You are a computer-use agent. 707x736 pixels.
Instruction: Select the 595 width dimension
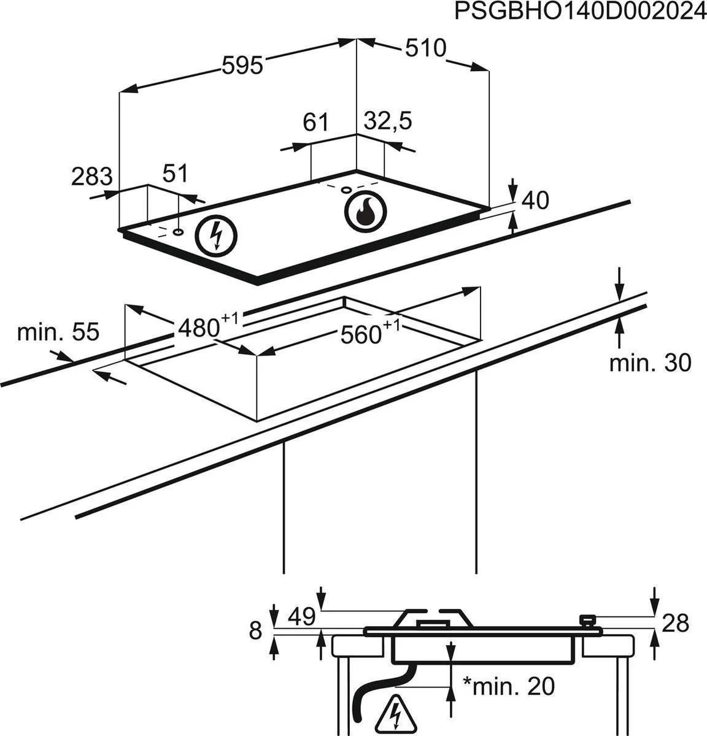click(x=242, y=64)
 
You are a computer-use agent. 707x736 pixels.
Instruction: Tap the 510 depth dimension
click(x=424, y=48)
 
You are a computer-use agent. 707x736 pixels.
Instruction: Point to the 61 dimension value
click(x=316, y=123)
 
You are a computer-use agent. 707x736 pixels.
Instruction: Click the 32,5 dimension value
click(x=387, y=121)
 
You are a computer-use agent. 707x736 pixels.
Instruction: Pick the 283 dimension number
click(x=92, y=177)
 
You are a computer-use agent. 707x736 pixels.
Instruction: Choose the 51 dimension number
click(x=176, y=174)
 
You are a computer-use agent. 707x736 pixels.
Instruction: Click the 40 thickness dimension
click(x=534, y=200)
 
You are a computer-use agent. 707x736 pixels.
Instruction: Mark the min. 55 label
click(x=58, y=332)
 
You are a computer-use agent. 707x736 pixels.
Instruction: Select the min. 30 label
click(x=650, y=362)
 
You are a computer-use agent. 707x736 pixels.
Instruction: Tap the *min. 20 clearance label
click(x=508, y=686)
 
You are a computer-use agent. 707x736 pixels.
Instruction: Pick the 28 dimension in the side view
click(x=676, y=623)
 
